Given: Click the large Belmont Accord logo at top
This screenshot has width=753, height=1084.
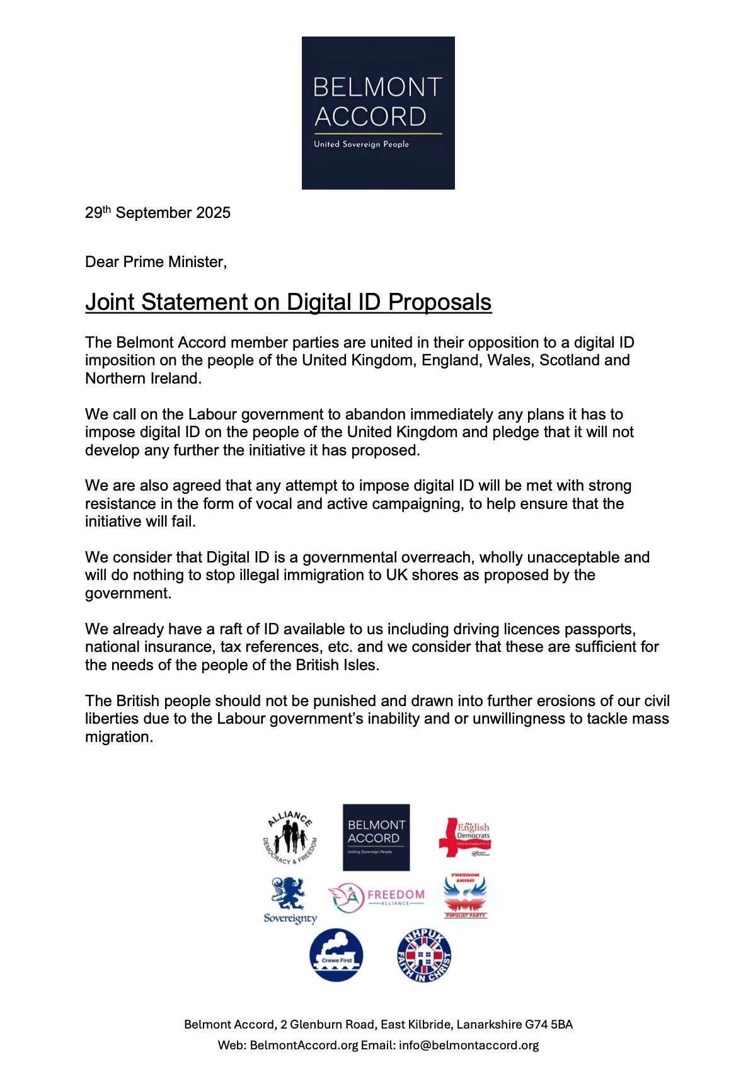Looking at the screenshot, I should [378, 112].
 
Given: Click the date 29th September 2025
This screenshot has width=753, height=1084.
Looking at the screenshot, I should [158, 213].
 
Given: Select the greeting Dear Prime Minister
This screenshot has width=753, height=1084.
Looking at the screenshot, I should [156, 262].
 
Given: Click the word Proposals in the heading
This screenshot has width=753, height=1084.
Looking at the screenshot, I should [439, 302].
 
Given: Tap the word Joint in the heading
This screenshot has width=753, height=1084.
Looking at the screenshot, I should [110, 302].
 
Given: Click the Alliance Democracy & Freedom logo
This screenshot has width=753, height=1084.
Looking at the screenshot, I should [290, 838].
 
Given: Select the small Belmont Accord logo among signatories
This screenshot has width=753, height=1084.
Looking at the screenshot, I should [376, 837].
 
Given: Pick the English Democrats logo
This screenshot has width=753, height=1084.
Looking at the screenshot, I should [465, 838].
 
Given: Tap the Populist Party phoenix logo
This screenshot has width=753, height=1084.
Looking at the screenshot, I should [465, 896].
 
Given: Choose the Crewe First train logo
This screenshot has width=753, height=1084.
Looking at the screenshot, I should [336, 955].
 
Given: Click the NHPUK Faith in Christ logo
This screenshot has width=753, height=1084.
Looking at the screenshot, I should [424, 956].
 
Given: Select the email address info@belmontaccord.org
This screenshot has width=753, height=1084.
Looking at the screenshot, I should [469, 1046].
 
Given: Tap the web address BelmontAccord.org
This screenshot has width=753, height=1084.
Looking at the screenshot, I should [304, 1046].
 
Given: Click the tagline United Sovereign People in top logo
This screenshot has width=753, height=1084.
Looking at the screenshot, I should [361, 144].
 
